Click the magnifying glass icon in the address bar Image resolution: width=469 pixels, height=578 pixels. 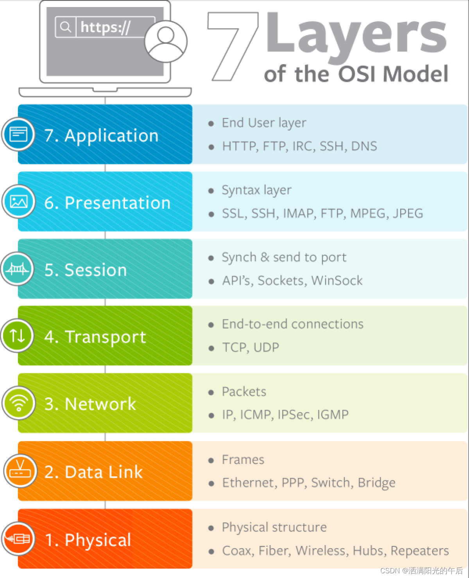(65, 27)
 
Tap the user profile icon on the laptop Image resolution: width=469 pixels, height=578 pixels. (166, 41)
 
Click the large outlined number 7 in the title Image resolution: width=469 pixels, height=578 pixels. (233, 46)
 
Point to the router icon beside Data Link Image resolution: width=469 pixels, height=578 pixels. (20, 471)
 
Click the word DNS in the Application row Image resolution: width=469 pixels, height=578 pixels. (364, 146)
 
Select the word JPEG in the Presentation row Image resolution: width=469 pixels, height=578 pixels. (408, 214)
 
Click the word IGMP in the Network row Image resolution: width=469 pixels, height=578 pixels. (333, 415)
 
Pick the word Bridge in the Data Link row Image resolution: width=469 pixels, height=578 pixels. (376, 483)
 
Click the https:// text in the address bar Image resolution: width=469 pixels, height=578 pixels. (105, 27)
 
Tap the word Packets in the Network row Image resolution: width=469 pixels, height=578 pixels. (244, 391)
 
